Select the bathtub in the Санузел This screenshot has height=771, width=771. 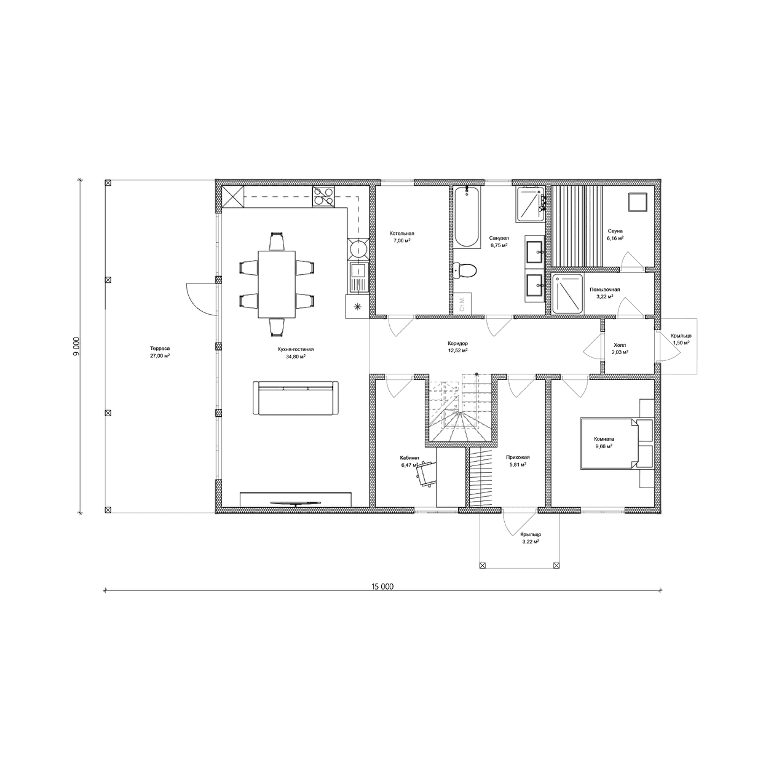tap(467, 217)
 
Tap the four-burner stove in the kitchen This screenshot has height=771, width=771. tap(323, 197)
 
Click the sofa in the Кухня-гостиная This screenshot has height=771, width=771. tap(295, 398)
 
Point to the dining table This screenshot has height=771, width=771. tap(277, 284)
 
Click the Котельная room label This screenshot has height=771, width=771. tap(401, 233)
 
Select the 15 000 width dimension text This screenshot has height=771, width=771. tap(382, 587)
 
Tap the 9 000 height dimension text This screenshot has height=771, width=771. tap(77, 346)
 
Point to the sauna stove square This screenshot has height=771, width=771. tap(638, 202)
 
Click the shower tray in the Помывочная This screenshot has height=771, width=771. tap(567, 294)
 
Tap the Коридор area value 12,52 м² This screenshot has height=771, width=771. tap(457, 350)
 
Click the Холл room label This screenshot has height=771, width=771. tap(620, 345)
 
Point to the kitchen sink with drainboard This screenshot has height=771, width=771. tap(358, 277)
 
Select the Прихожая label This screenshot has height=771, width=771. tap(518, 457)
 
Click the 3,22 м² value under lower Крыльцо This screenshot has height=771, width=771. tap(531, 542)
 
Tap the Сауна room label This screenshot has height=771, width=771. tap(615, 231)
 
